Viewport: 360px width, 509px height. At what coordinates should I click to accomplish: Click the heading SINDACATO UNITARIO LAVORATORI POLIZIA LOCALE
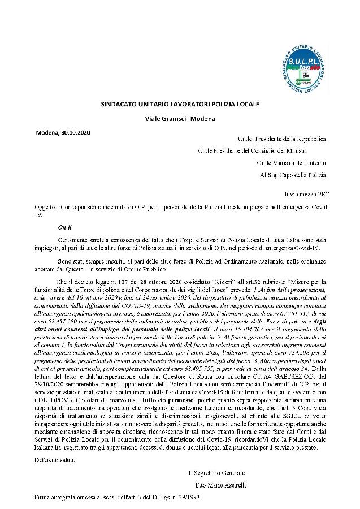click(x=180, y=105)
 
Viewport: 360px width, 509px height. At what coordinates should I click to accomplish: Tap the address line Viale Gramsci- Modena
click(x=180, y=118)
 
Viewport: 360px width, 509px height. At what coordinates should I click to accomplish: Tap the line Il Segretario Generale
click(x=216, y=472)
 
